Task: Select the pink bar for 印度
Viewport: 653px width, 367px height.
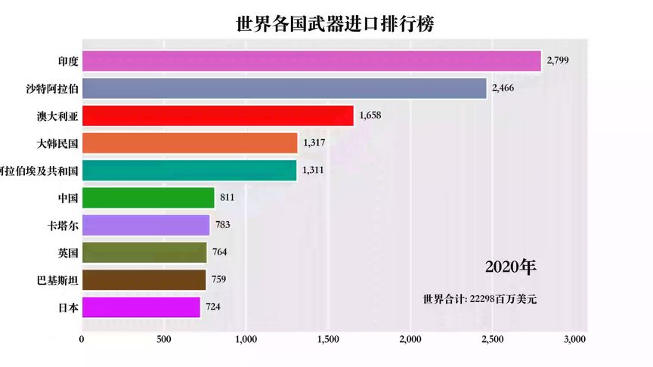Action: [x=311, y=61]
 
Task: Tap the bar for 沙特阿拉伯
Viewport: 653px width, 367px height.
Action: [x=284, y=88]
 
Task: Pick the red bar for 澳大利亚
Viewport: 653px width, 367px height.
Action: [x=218, y=116]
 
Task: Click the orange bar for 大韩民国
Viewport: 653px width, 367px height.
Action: [x=190, y=143]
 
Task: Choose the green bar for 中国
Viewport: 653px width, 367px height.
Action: [x=148, y=198]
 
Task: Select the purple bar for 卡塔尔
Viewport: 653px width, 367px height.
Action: [x=146, y=225]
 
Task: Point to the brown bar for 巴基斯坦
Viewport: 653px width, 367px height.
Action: [x=144, y=279]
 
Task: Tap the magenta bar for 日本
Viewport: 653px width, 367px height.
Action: [x=141, y=307]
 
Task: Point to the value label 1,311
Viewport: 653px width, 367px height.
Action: [x=313, y=170]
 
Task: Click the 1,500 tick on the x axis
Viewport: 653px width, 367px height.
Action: [x=328, y=339]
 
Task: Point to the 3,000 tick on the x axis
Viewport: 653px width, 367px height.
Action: [x=574, y=339]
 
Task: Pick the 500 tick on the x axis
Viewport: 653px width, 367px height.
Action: [x=164, y=339]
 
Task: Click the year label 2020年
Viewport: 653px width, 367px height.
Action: [x=511, y=267]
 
